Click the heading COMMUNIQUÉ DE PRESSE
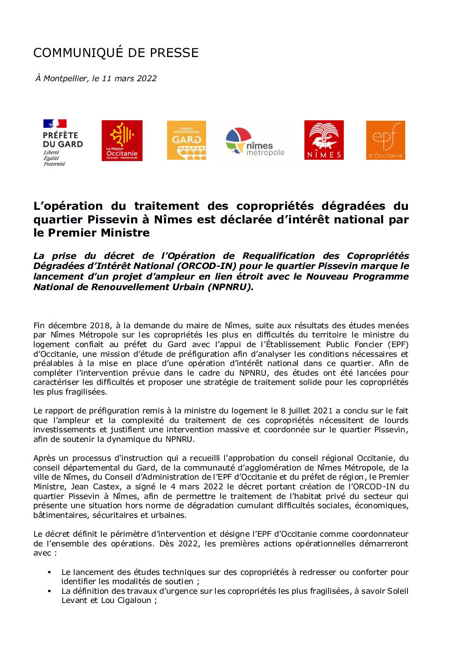(116, 53)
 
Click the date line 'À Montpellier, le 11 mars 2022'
(96, 79)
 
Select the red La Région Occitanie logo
(122, 140)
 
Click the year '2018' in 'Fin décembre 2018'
(100, 326)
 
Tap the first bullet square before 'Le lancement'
(49, 572)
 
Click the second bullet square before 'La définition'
(49, 591)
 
